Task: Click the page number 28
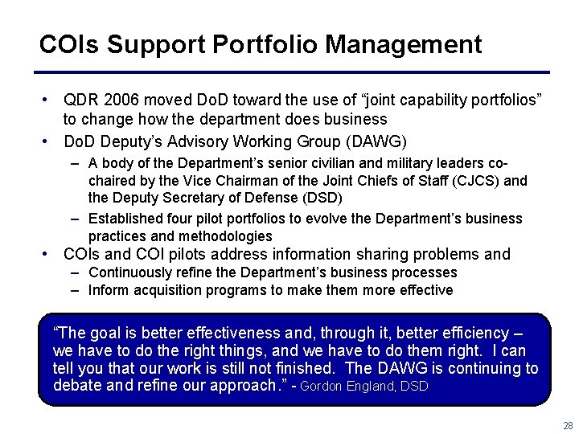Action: click(568, 425)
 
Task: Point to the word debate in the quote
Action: click(78, 385)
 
